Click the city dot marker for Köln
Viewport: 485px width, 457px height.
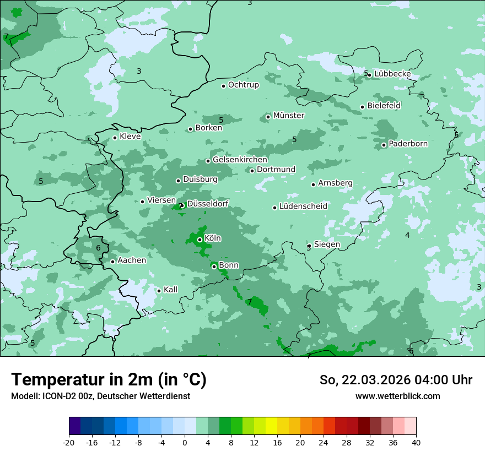[x=200, y=240]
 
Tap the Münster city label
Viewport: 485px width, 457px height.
[x=289, y=116]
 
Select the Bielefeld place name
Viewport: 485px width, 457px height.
[x=384, y=105]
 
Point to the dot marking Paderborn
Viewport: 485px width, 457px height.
[x=384, y=145]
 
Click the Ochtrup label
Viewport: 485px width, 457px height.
[x=243, y=85]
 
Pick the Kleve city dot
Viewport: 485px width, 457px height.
[x=115, y=138]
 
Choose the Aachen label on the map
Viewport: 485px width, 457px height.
[x=132, y=260]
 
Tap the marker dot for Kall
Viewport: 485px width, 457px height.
[x=159, y=291]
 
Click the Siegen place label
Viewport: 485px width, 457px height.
[x=327, y=244]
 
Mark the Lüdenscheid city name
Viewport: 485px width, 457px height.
[x=303, y=206]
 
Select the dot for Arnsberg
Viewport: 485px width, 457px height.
[x=313, y=184]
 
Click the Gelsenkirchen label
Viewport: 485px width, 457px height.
[x=240, y=160]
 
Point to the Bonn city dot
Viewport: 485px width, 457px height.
[x=214, y=266]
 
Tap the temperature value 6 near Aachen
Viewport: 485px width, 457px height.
[x=98, y=248]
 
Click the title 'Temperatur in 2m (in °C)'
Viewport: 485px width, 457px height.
[x=109, y=380]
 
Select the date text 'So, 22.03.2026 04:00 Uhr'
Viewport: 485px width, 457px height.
[x=396, y=380]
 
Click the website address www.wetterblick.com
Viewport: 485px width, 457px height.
[x=397, y=396]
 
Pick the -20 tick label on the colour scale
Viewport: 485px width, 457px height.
[x=69, y=443]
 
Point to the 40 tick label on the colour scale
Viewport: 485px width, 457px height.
[x=416, y=443]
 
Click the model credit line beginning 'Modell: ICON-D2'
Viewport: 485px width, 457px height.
[x=100, y=396]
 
